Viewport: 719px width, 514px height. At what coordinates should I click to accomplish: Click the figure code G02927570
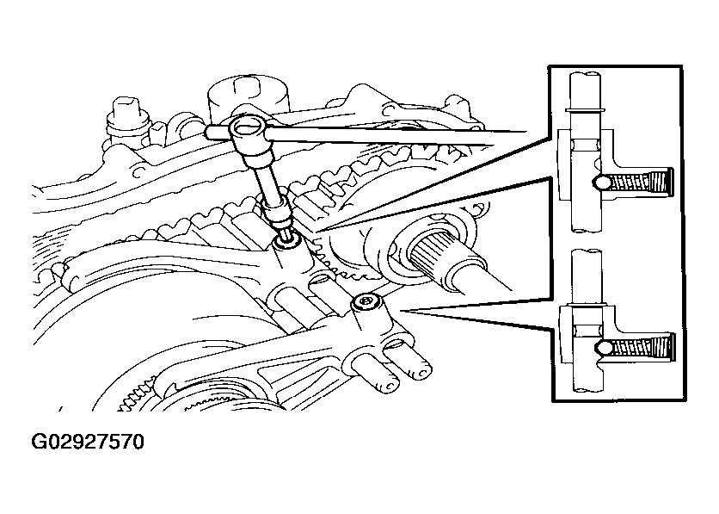pyautogui.click(x=88, y=442)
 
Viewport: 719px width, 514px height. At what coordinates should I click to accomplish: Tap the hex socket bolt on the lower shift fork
pyautogui.click(x=366, y=302)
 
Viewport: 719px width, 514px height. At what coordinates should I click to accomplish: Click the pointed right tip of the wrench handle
pyautogui.click(x=526, y=133)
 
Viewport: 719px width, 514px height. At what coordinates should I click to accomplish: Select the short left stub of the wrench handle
pyautogui.click(x=218, y=133)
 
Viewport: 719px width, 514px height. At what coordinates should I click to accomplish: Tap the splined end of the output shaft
pyautogui.click(x=429, y=256)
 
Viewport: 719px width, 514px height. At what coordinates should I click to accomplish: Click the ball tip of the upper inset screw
pyautogui.click(x=600, y=183)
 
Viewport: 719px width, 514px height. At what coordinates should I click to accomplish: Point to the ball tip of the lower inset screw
pyautogui.click(x=602, y=348)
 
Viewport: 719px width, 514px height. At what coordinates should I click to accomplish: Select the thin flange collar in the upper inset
pyautogui.click(x=585, y=109)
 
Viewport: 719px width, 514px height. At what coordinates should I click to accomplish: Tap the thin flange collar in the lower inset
pyautogui.click(x=586, y=305)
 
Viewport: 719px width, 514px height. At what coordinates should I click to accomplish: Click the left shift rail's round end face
pyautogui.click(x=389, y=385)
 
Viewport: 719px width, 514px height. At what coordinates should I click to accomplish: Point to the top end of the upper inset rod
pyautogui.click(x=585, y=73)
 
